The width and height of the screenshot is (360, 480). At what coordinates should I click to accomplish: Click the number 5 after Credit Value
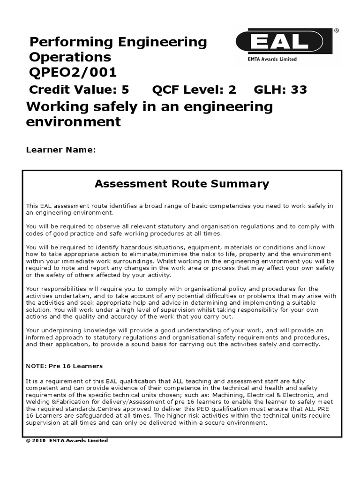point(125,90)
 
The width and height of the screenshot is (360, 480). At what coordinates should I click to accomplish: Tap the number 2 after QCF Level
point(232,90)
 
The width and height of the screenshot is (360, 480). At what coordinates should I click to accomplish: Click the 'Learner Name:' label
point(61,150)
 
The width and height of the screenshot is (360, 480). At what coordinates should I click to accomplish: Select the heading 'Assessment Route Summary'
point(182,184)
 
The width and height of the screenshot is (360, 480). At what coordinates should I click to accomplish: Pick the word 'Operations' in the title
point(70,57)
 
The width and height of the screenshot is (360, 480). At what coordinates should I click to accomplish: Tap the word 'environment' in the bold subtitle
point(74,122)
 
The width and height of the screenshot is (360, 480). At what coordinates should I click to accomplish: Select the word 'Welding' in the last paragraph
point(37,402)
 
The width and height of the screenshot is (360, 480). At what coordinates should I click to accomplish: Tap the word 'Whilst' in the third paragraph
point(167,261)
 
